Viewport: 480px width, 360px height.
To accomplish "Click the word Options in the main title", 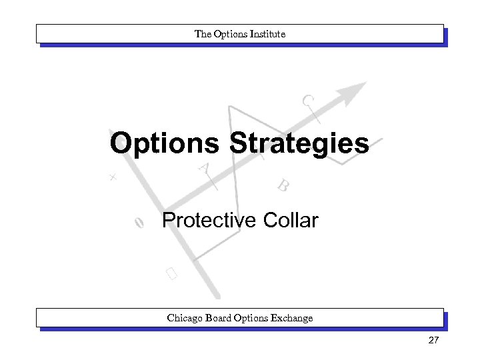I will click(166, 143).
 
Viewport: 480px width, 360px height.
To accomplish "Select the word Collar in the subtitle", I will click(291, 220).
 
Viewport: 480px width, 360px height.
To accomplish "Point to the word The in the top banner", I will click(201, 33).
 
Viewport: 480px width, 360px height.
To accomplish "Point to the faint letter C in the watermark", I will click(307, 101).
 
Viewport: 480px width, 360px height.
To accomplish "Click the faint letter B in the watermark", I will click(283, 185).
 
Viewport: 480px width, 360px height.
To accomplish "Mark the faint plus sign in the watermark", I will click(113, 177).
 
